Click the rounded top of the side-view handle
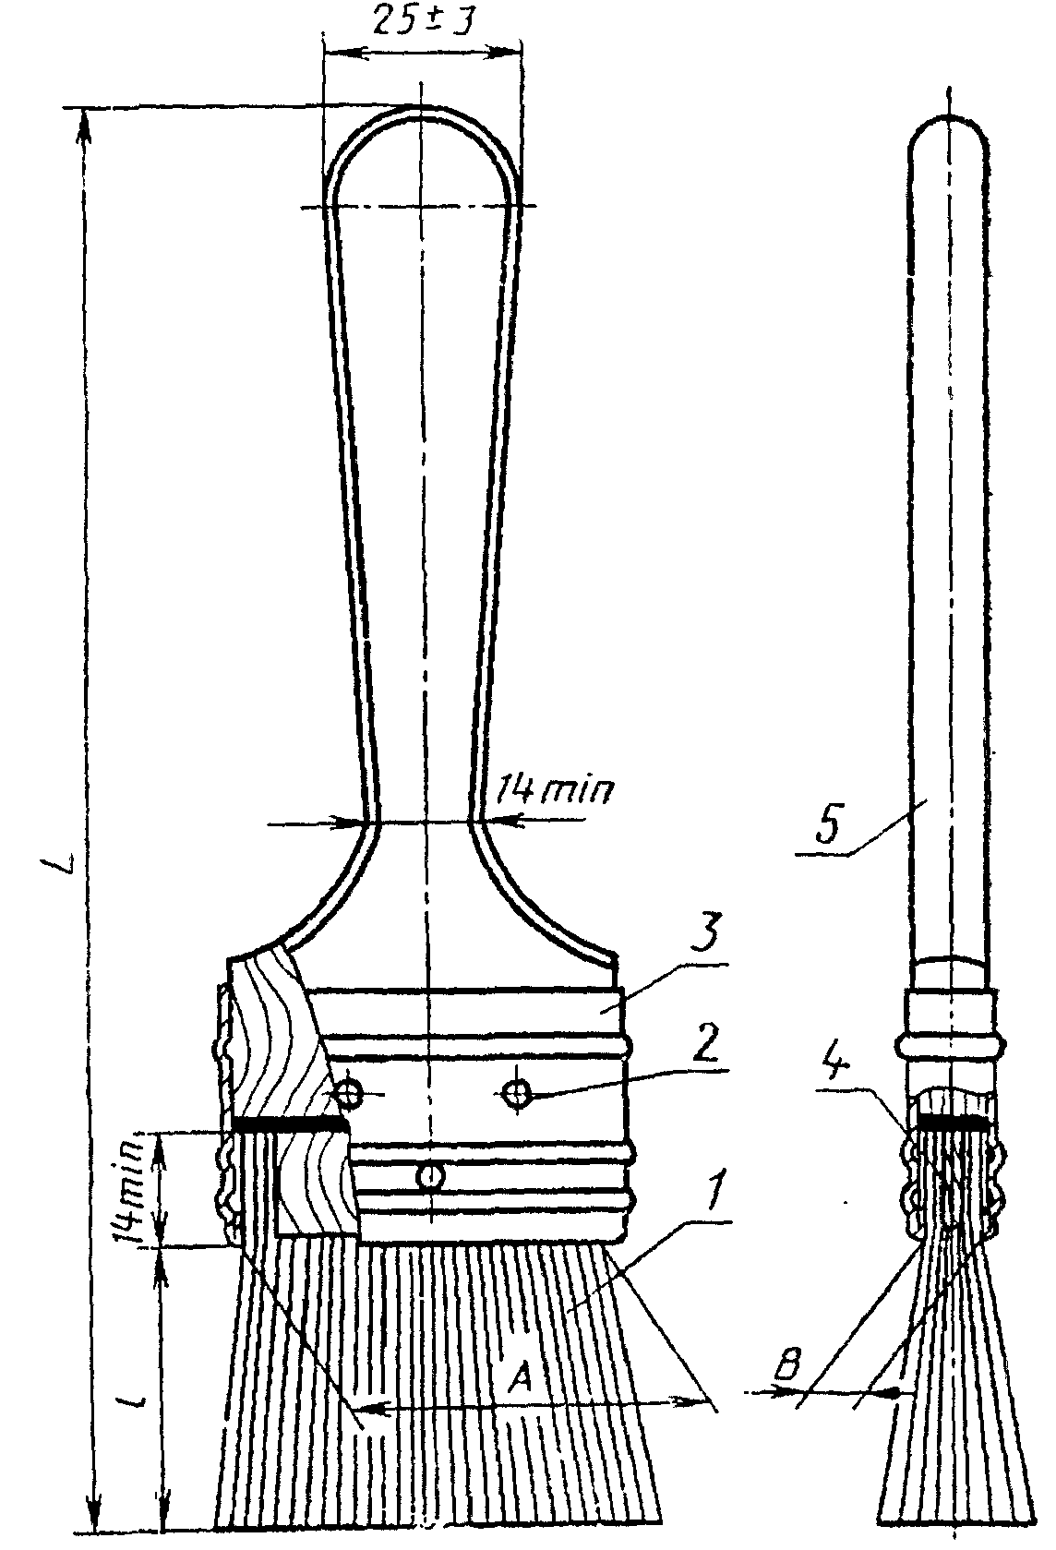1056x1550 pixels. [951, 125]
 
